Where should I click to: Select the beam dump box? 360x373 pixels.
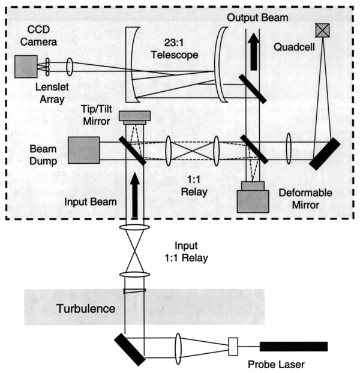point(83,150)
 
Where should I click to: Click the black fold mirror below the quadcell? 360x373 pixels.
point(325,154)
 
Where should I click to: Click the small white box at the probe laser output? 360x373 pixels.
point(234,346)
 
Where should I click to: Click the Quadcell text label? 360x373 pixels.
point(290,46)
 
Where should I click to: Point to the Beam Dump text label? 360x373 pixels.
point(44,150)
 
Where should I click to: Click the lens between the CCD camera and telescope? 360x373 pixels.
point(70,66)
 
